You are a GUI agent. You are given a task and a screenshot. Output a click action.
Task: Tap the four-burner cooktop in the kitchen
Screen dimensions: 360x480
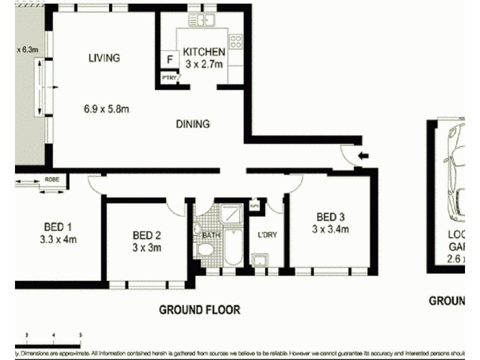pyautogui.click(x=236, y=41)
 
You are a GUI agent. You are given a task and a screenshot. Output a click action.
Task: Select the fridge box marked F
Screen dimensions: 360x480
pyautogui.click(x=170, y=59)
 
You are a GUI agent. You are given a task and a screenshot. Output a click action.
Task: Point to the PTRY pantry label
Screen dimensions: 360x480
pyautogui.click(x=168, y=77)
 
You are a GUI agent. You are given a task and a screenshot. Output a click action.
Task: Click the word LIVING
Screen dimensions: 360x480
pyautogui.click(x=104, y=58)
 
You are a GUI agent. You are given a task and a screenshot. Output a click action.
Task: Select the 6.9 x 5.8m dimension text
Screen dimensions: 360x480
pyautogui.click(x=106, y=109)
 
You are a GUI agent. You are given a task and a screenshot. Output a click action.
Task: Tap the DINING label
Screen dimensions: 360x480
pyautogui.click(x=193, y=124)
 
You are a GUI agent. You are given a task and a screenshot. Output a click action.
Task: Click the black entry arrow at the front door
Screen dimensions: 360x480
pyautogui.click(x=363, y=157)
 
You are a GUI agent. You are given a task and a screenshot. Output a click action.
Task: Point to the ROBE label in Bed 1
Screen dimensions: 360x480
pyautogui.click(x=52, y=179)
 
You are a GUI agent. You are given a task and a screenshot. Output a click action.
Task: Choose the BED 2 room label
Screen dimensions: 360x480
pyautogui.click(x=147, y=235)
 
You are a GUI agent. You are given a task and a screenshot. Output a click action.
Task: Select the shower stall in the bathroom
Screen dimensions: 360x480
pyautogui.click(x=230, y=214)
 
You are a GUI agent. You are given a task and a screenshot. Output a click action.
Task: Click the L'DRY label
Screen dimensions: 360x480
pyautogui.click(x=266, y=235)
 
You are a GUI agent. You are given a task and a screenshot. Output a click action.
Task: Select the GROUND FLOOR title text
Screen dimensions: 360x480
pyautogui.click(x=199, y=310)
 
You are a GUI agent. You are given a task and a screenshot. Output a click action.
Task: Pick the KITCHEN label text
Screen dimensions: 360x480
pyautogui.click(x=204, y=52)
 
